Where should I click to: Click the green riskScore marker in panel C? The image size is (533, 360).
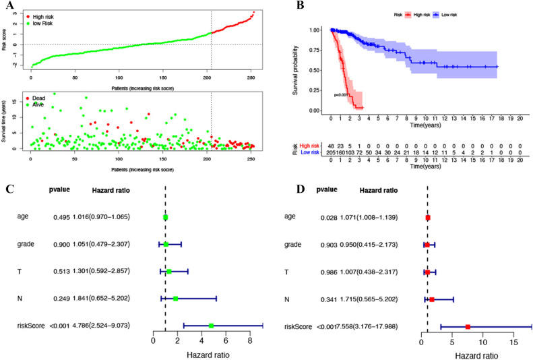pos(211,326)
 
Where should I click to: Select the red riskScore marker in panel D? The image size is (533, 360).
pos(468,326)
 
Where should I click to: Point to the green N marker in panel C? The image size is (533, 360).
pos(175,299)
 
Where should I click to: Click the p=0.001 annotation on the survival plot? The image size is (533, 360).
pos(342,95)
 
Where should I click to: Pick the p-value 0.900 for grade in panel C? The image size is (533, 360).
pos(63,245)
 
